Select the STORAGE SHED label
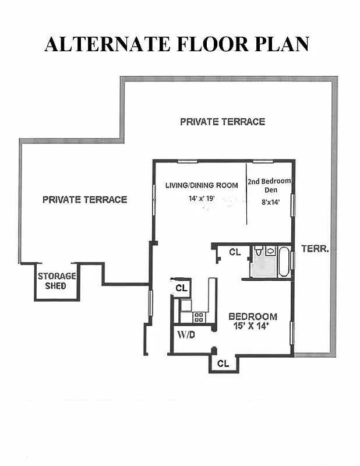coord(57,281)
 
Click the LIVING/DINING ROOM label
coord(202,185)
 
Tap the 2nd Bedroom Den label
coord(269,186)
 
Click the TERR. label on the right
coord(315,249)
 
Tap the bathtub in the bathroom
coord(283,262)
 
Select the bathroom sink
coord(271,251)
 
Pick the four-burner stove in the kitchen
coord(199,317)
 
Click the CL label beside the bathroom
coord(235,252)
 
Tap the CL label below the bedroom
coord(223,363)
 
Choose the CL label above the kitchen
coord(181,288)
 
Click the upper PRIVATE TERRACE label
coord(222,122)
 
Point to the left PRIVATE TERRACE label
coord(84,199)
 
